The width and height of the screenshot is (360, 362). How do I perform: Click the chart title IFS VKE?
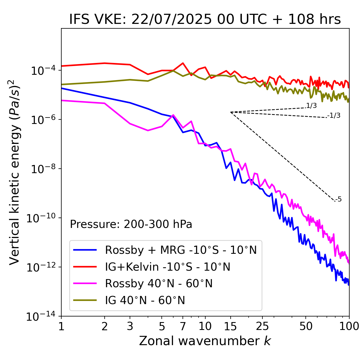[205, 19]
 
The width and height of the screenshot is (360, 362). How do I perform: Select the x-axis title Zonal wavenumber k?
[205, 341]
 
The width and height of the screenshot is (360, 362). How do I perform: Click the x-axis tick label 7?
[183, 327]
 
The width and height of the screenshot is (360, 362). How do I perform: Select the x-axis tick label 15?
[230, 327]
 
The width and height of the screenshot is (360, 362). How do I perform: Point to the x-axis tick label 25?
[262, 327]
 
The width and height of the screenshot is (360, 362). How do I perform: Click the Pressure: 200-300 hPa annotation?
[131, 224]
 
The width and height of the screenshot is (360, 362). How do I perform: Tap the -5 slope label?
[338, 200]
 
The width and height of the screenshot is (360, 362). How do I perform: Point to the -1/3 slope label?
[334, 116]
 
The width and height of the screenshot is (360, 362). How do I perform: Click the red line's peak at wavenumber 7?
[183, 63]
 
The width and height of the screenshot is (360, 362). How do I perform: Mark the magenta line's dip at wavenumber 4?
[148, 130]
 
